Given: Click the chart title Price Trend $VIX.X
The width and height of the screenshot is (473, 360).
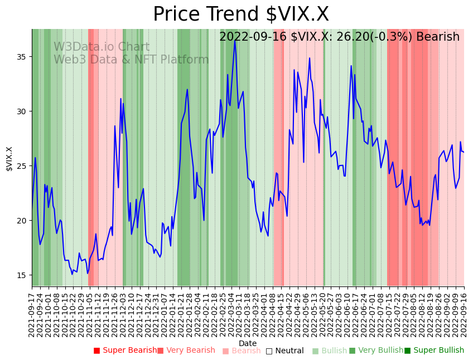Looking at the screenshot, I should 240,14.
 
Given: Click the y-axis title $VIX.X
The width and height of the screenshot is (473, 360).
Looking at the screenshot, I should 9,159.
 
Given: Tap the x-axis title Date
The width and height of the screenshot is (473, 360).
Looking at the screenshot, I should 248,343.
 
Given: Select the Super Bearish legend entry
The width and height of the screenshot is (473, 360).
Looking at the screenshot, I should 126,351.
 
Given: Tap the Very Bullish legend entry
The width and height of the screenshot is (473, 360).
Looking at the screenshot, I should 376,351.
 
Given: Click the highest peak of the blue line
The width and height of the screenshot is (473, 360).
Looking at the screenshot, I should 235,41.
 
